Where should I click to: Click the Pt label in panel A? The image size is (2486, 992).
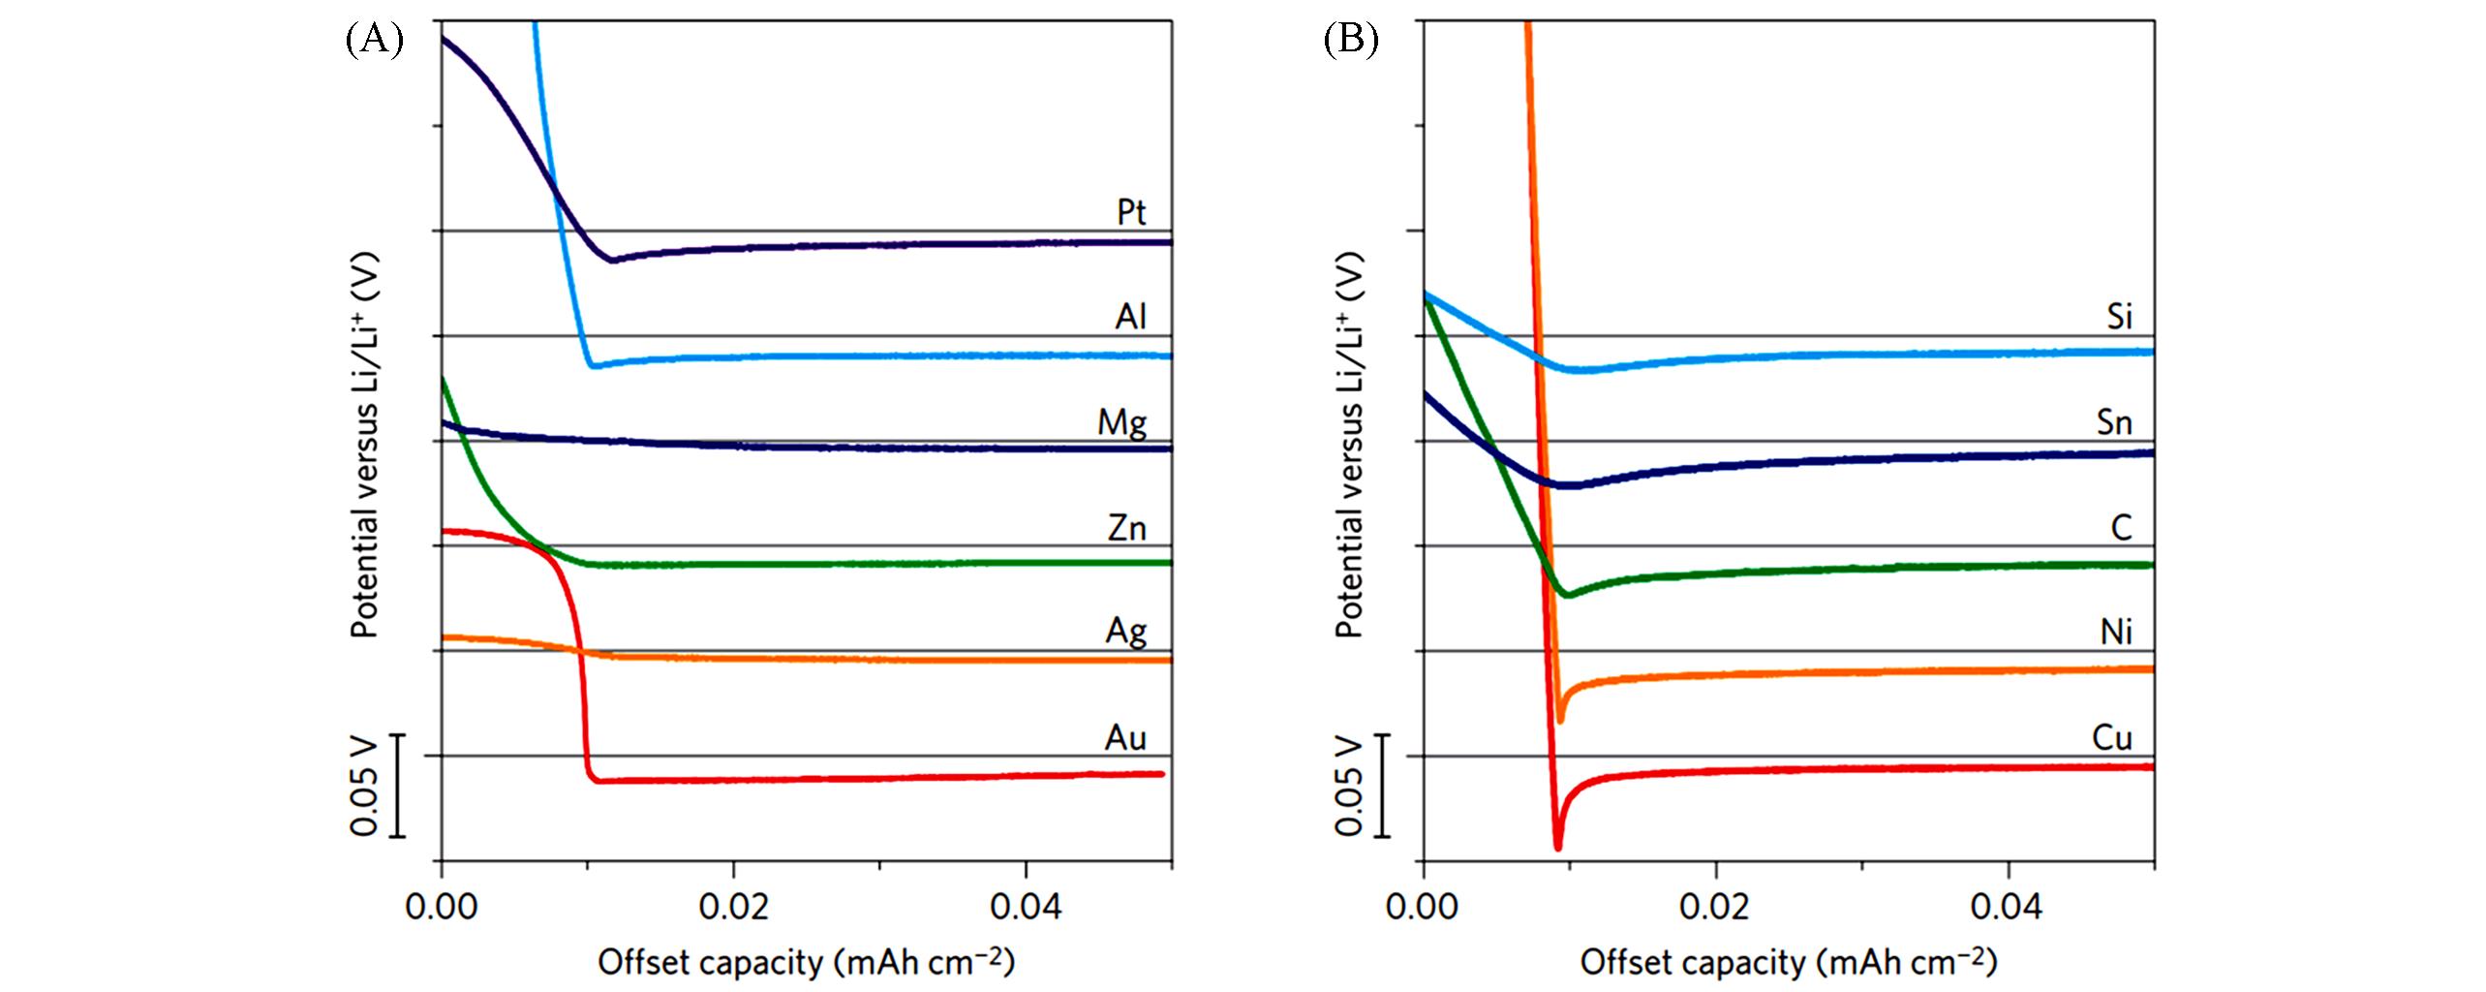1131,212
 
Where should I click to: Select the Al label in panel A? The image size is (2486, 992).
1130,317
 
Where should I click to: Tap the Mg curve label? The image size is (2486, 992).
1121,423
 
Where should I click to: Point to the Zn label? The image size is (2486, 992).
1127,528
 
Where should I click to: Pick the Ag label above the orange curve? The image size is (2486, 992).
1126,633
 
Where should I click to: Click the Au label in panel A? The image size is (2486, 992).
1125,738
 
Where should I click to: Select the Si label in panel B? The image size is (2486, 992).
2120,317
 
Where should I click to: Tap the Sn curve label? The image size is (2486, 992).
2114,423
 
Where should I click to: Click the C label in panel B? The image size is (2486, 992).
2121,528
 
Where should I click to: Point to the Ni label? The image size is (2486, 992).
2116,633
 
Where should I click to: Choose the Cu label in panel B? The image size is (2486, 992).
2112,738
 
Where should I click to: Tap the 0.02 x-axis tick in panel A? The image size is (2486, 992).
734,908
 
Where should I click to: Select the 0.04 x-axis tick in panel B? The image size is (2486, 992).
2009,908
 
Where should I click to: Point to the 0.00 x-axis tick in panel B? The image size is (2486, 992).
1422,908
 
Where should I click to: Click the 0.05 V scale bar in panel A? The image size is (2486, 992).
398,786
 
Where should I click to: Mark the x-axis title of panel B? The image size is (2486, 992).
1789,962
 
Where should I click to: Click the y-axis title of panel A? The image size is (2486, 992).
365,446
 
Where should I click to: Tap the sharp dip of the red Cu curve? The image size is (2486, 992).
1557,847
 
